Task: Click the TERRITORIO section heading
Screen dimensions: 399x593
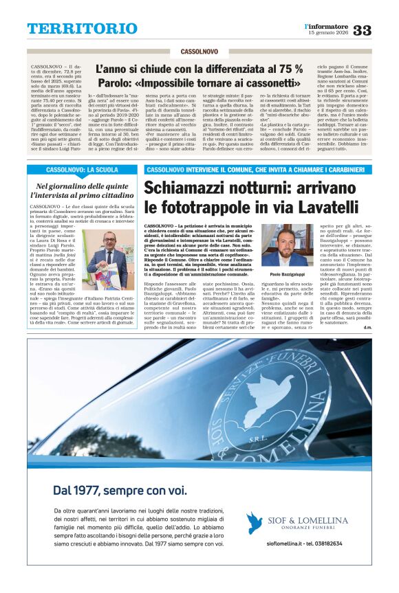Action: pos(73,29)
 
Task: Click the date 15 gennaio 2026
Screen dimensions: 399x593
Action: pos(329,33)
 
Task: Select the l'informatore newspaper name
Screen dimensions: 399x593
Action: pos(327,26)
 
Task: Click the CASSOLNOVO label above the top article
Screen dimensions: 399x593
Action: pos(199,52)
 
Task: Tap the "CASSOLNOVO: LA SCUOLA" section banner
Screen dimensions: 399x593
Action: pos(82,169)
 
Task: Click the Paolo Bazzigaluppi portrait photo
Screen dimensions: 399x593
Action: pos(285,245)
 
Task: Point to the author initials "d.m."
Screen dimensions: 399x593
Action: pos(367,327)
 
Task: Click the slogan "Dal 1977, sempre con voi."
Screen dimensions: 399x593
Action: pos(119,490)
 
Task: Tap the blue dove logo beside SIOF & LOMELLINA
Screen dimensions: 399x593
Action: pos(255,522)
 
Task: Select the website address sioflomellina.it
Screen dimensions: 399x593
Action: pos(274,543)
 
